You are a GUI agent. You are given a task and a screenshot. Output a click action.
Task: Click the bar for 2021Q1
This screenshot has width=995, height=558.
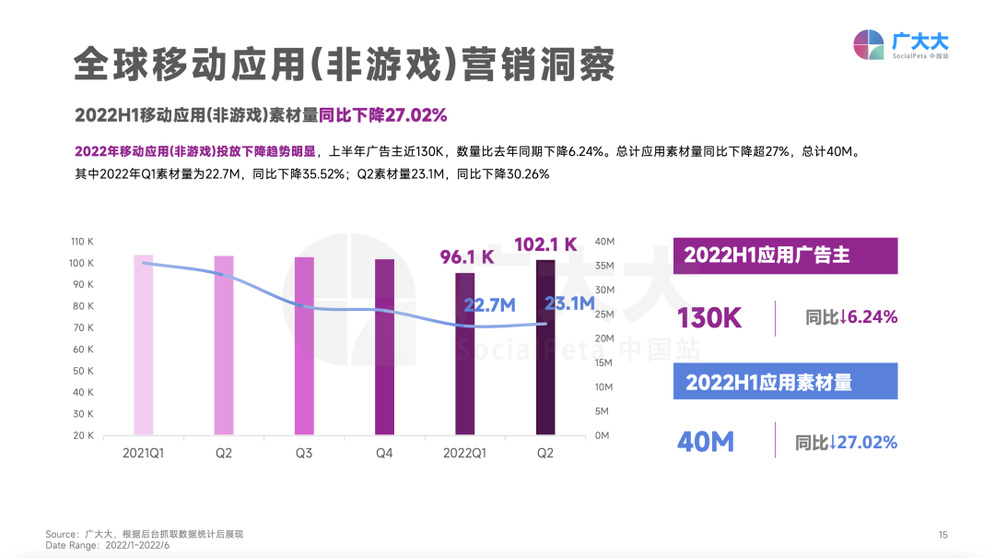click(x=143, y=345)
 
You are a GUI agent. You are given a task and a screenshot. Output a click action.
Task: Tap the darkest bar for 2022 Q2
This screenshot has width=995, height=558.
click(x=545, y=348)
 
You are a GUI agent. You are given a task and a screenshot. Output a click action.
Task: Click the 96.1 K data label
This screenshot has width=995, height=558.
click(x=467, y=256)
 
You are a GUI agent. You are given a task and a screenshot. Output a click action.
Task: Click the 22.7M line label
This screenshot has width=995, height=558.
click(x=488, y=305)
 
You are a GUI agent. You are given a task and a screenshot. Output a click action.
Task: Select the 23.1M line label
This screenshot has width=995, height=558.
click(x=568, y=303)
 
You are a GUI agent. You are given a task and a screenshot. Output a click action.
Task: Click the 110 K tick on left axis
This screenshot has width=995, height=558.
click(x=82, y=242)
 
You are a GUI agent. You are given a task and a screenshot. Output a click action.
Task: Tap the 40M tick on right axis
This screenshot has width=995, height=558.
click(x=604, y=242)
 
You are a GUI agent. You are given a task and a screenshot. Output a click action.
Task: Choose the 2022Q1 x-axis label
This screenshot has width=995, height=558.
click(x=464, y=454)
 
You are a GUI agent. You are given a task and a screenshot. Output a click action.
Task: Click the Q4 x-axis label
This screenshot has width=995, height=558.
click(x=384, y=454)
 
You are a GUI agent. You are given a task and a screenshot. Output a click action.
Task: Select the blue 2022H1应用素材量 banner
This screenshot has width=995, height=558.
click(x=785, y=382)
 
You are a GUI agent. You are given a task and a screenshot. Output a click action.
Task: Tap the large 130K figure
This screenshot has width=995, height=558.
click(x=709, y=318)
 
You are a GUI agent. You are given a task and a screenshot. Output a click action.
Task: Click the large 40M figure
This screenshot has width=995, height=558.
click(x=706, y=442)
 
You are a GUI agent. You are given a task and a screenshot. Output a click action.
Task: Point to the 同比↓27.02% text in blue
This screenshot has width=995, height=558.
click(x=846, y=443)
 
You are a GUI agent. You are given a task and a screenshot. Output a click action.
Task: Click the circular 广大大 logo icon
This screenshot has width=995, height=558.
click(x=868, y=44)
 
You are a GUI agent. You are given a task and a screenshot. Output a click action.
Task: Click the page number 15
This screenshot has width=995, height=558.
click(x=942, y=535)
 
